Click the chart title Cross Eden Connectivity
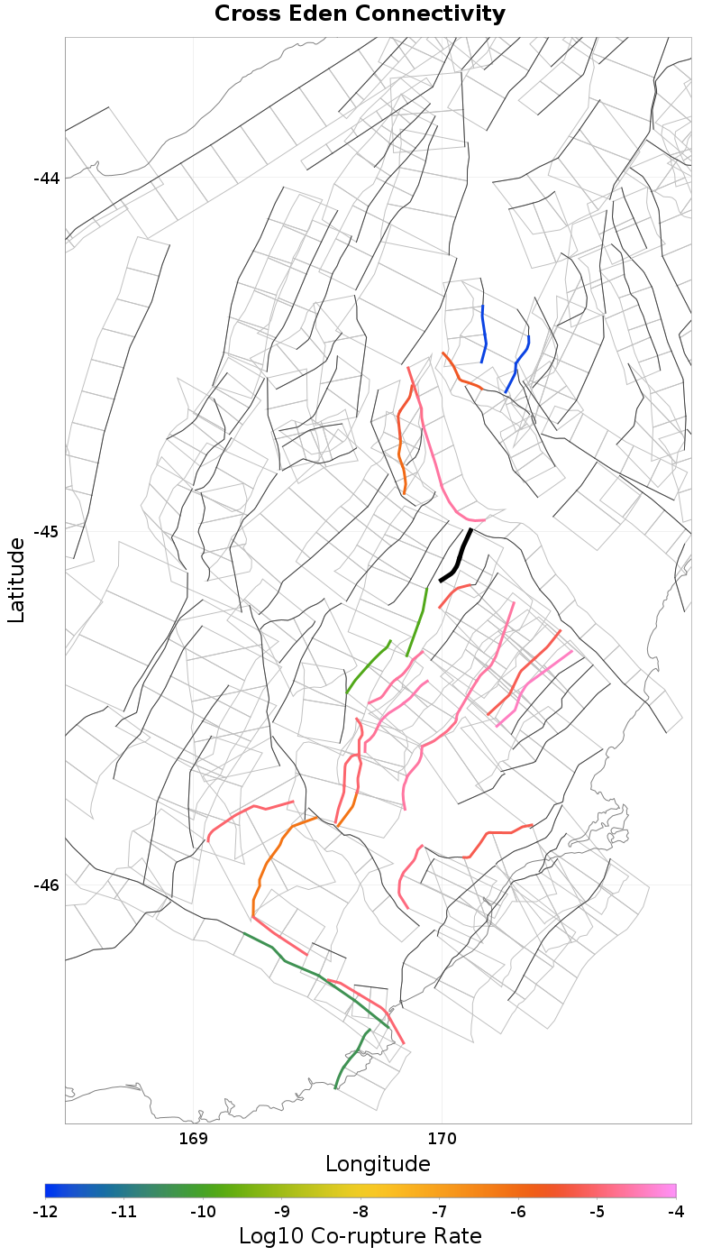[x=360, y=14]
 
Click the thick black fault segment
[x=460, y=554]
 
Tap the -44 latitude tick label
[x=46, y=178]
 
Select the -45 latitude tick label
[x=46, y=531]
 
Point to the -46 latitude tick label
[x=46, y=885]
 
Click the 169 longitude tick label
[x=194, y=1138]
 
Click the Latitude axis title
[x=16, y=580]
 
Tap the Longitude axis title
[x=378, y=1164]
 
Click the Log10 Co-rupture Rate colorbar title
[x=360, y=1235]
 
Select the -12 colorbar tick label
[x=45, y=1211]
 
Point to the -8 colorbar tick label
[x=360, y=1211]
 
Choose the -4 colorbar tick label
[x=676, y=1211]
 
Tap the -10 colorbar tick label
[x=203, y=1211]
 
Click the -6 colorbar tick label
[x=518, y=1211]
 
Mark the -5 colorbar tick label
[x=597, y=1211]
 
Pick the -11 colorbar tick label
[x=123, y=1211]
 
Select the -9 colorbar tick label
[x=281, y=1211]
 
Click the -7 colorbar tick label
[x=439, y=1211]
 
